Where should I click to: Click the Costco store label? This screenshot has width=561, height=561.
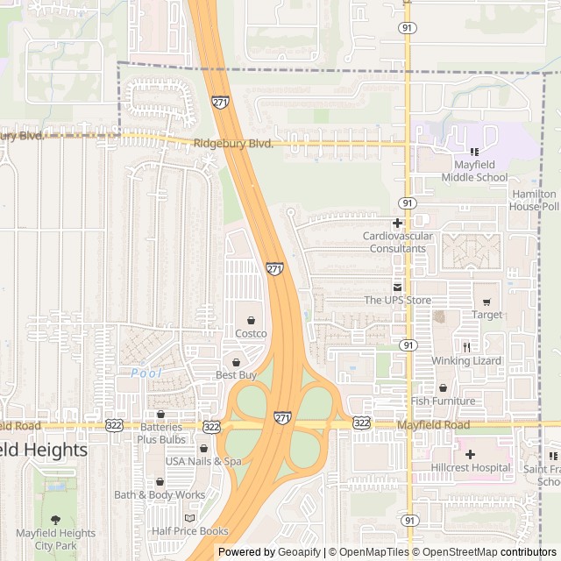tap(251, 333)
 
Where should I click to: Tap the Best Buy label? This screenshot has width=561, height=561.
tap(236, 375)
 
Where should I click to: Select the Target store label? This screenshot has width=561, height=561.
tap(487, 315)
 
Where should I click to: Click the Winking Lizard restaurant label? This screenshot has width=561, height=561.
tap(466, 361)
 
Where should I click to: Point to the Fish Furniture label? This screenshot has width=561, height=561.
tap(443, 401)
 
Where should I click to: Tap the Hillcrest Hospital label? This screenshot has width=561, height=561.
tap(470, 467)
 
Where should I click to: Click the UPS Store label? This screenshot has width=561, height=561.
tap(397, 301)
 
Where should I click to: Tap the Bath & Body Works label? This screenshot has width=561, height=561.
tap(160, 495)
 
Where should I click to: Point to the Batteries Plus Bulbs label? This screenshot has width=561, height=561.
tap(160, 433)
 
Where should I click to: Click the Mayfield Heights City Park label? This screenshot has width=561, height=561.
tap(56, 539)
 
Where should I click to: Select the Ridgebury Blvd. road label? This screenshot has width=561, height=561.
tap(233, 143)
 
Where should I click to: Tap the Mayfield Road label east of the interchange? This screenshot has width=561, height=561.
tap(433, 425)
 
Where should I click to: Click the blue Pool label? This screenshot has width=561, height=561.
tap(147, 373)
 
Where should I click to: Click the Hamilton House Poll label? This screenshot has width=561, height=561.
tap(534, 200)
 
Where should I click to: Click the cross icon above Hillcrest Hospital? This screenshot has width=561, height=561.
tap(470, 454)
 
